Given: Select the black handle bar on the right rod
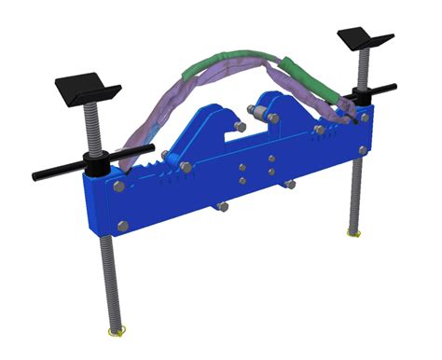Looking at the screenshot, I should tap(382, 89).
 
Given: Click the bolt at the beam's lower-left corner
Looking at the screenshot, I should tap(122, 225).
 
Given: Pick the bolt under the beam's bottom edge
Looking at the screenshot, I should tap(221, 208).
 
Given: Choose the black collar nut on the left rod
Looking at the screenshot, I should tap(96, 168).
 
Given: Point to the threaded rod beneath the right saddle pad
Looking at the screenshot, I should tap(359, 65).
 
